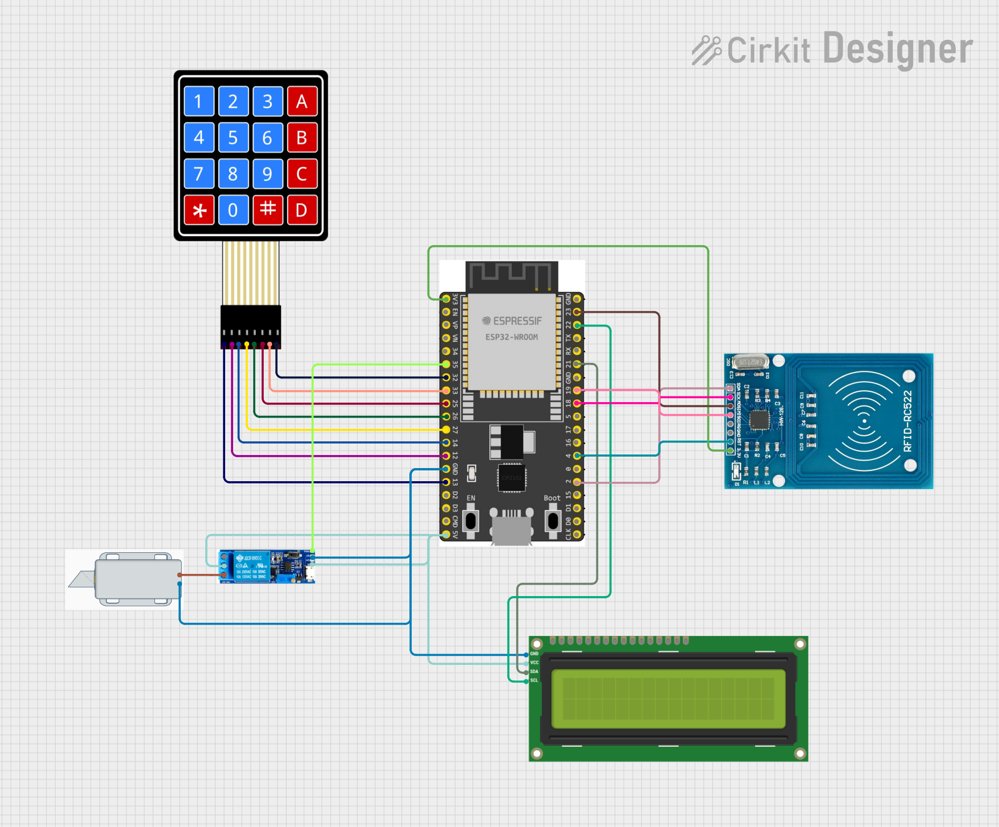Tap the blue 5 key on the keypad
[233, 138]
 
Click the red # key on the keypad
[268, 210]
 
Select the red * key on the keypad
[199, 210]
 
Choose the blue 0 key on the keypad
[233, 210]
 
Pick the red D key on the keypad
[302, 210]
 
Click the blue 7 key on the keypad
[199, 173]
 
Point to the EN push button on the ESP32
[471, 521]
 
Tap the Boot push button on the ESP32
[553, 521]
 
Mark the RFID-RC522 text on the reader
[907, 421]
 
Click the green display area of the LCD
[668, 698]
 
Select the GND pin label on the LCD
[534, 654]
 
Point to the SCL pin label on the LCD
[534, 680]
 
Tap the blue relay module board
[267, 567]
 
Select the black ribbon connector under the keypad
[251, 326]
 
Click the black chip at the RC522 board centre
[759, 421]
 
